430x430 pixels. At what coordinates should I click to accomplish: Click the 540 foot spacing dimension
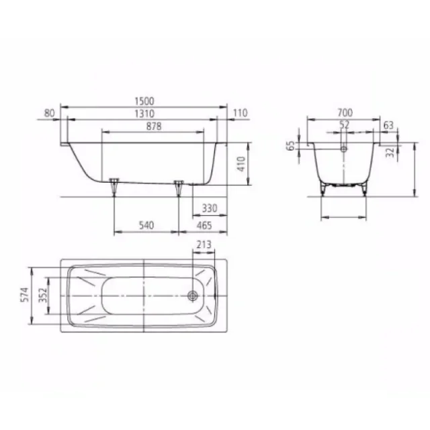tap(146, 226)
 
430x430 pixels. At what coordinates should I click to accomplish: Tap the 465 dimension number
tap(210, 226)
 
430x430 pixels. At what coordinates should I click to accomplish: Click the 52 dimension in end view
tap(344, 125)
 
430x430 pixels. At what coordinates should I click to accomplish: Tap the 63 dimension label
tap(388, 125)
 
